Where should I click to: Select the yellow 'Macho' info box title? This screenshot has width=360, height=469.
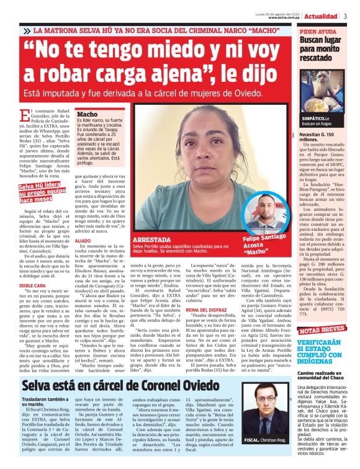pos(88,114)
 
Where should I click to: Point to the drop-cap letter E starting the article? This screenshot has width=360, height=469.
pos(24,113)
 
